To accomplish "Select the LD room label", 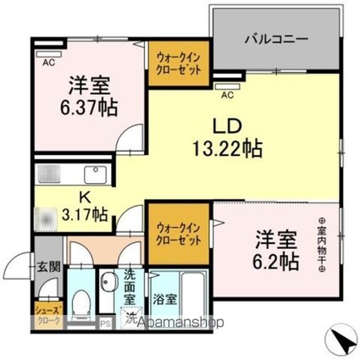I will (227, 126).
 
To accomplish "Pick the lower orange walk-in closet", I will (179, 234).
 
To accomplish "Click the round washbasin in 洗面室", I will (108, 284).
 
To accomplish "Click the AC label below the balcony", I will (226, 85).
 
